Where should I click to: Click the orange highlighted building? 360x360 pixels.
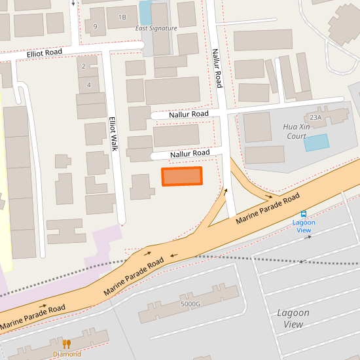click(182, 176)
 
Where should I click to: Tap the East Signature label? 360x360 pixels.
click(156, 28)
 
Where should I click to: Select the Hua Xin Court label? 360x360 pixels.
click(296, 131)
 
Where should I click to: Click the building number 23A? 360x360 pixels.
click(317, 117)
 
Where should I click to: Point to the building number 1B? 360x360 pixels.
click(122, 17)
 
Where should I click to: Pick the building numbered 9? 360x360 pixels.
click(96, 26)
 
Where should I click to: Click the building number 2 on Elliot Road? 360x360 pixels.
click(83, 66)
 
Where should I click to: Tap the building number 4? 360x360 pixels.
click(88, 85)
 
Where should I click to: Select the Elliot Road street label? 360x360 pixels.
click(45, 52)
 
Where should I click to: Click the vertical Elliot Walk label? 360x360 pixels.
click(113, 134)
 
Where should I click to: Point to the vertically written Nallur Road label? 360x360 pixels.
click(217, 67)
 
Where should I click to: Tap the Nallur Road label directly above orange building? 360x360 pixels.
click(190, 153)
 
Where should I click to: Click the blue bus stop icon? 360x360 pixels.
click(304, 214)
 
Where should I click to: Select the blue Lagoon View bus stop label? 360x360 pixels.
click(304, 226)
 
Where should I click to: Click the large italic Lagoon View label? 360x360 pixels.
click(293, 319)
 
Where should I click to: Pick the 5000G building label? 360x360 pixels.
click(190, 304)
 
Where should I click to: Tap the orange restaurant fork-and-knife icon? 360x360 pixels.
click(67, 344)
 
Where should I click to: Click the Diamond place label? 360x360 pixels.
click(67, 354)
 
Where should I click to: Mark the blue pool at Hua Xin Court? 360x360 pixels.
click(316, 143)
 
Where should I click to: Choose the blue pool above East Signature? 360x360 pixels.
click(145, 12)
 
